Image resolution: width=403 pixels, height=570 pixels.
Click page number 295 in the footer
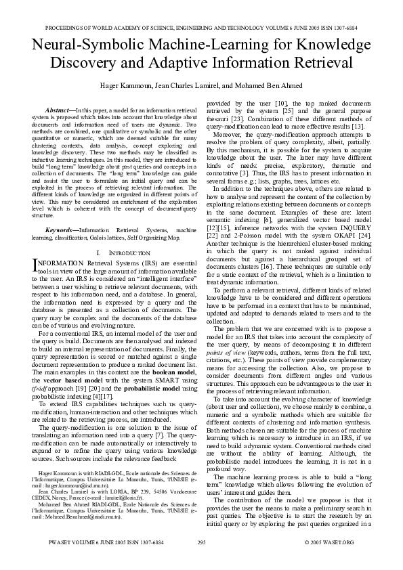point(201,561)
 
